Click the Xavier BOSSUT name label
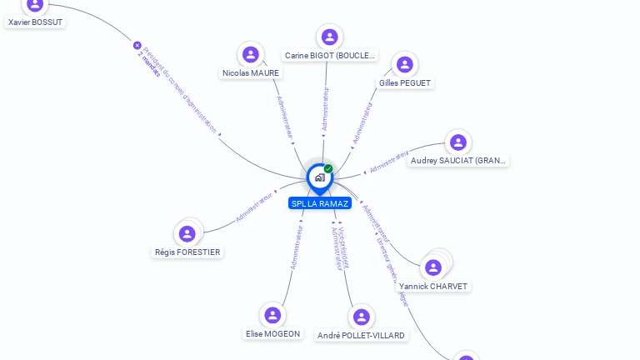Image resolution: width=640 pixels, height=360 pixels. [35, 22]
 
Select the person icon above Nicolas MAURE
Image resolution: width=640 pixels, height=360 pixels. [250, 55]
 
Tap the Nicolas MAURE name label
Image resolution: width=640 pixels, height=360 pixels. [251, 73]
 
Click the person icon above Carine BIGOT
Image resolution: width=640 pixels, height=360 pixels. [329, 37]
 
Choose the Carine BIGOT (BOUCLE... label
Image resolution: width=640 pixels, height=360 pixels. [330, 56]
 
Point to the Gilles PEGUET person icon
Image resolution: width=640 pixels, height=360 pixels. [404, 64]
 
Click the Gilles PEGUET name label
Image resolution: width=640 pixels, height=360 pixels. [405, 83]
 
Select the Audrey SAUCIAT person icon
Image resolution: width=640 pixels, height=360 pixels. [457, 142]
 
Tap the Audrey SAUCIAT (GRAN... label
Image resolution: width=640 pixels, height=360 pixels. [458, 161]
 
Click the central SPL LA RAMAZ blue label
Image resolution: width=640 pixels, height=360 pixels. [319, 203]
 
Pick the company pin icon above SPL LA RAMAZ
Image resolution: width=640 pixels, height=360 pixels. [319, 177]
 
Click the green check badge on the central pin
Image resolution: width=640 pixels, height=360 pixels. [328, 169]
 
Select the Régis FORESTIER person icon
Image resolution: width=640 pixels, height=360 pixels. [187, 233]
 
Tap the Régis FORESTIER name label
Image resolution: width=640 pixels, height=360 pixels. [188, 252]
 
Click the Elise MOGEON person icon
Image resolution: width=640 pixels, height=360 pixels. [272, 315]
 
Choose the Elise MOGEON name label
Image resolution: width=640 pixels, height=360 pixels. [272, 333]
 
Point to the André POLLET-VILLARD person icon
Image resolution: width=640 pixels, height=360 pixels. [361, 317]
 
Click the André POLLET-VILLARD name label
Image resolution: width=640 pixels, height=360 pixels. [362, 336]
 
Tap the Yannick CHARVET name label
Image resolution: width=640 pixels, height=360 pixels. [433, 286]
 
